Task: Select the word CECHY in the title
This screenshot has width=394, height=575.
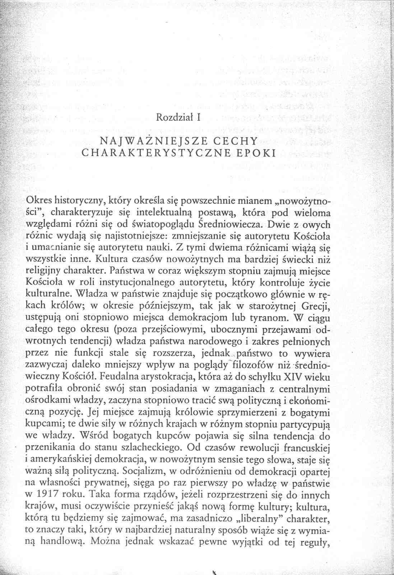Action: [234, 140]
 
